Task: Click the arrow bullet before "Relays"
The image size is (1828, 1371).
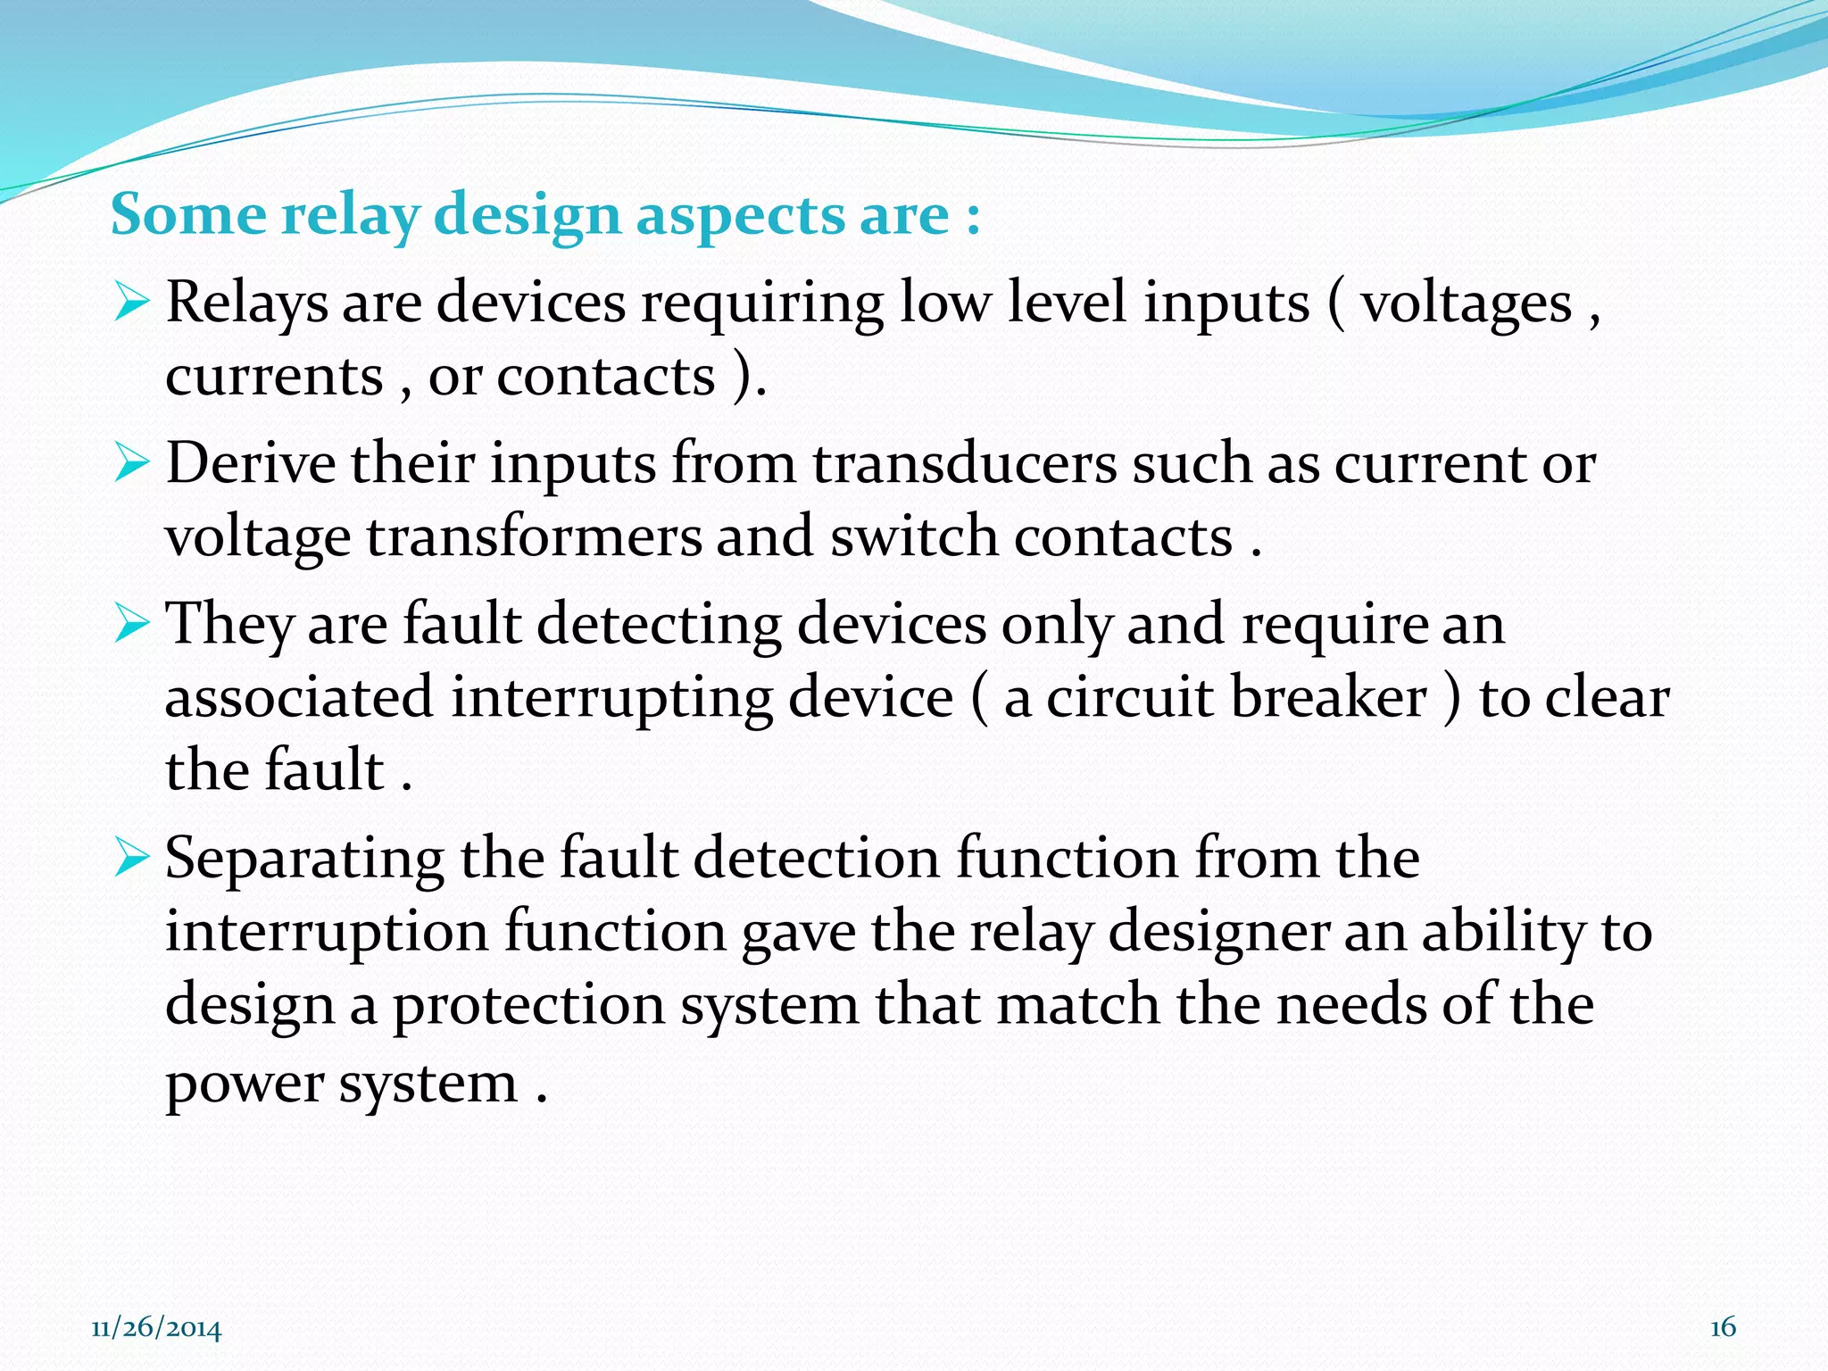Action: tap(131, 303)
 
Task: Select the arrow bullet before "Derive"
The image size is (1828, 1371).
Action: tap(131, 464)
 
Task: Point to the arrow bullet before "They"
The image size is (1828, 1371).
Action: tap(131, 624)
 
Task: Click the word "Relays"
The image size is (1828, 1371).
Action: tap(247, 302)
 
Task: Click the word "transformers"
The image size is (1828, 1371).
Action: tap(534, 536)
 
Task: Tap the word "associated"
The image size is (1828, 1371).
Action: tap(299, 697)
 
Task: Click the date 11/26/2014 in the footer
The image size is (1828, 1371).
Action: tap(156, 1328)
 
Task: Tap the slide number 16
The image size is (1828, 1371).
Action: tap(1723, 1327)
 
